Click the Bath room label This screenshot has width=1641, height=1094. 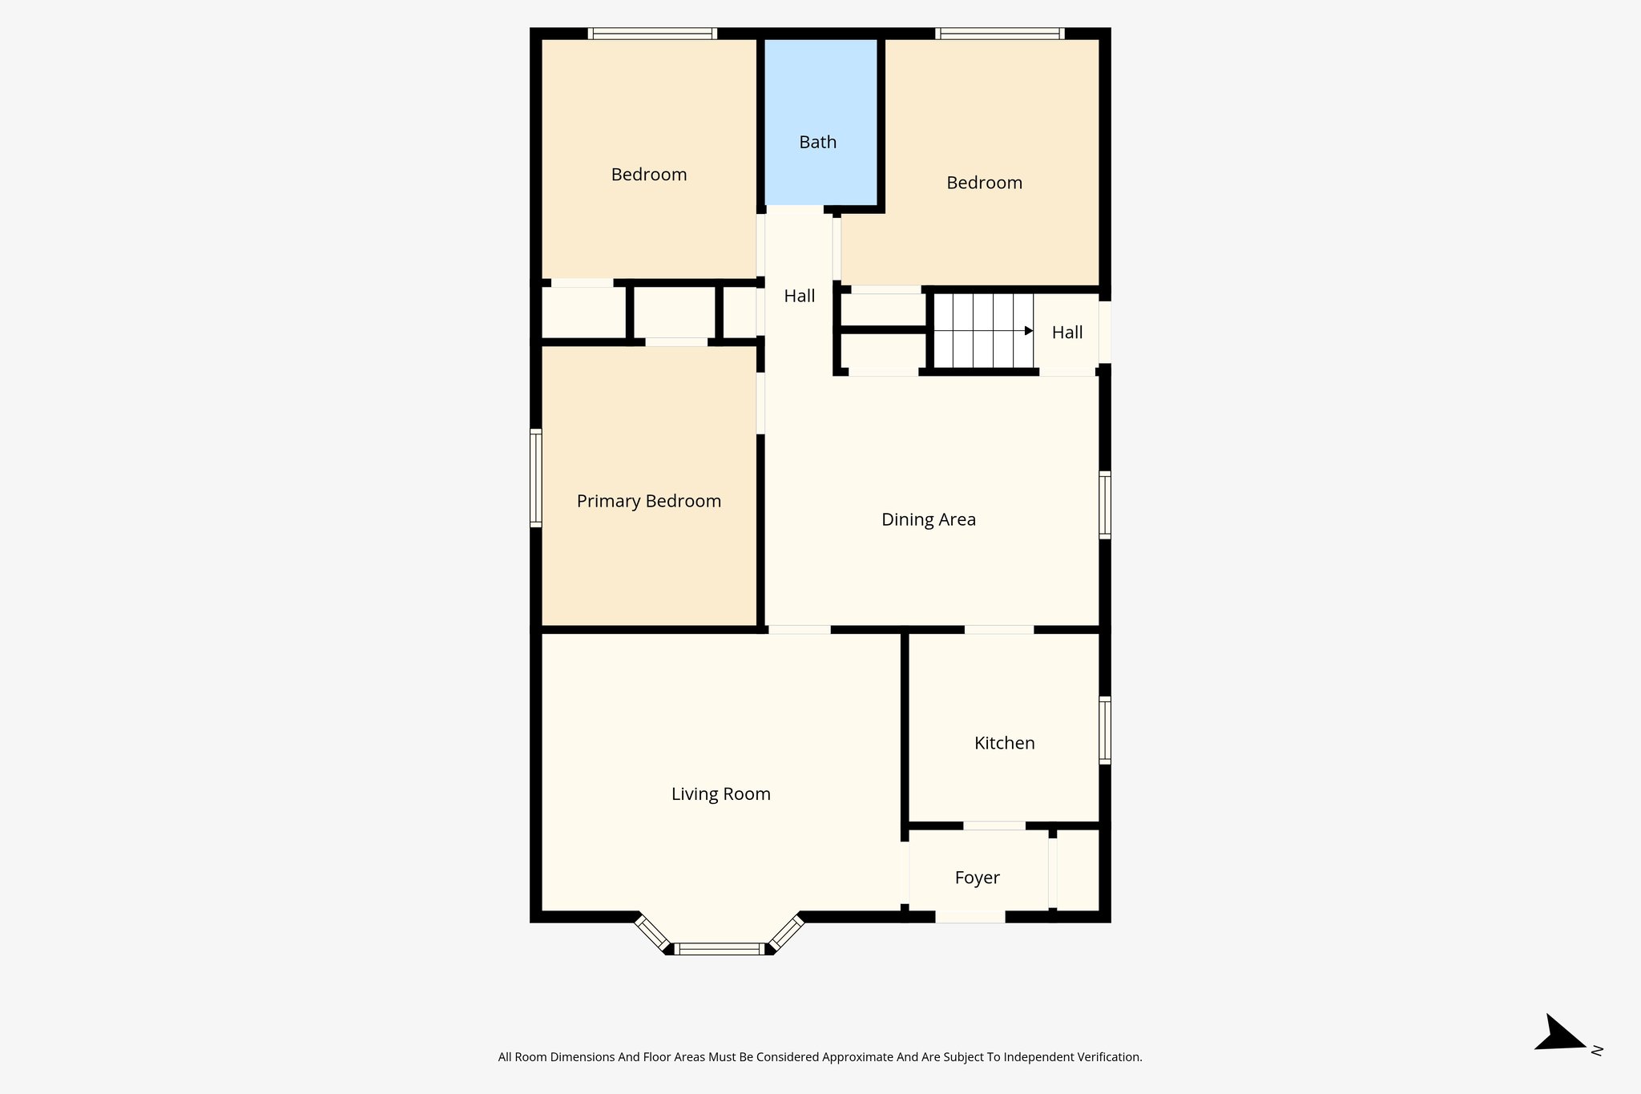(817, 143)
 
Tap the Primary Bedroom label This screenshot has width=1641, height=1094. (648, 502)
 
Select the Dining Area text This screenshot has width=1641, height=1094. (928, 520)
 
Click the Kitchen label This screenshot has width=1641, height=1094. (1004, 744)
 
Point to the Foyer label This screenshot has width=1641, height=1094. (977, 878)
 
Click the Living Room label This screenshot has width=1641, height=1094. (720, 794)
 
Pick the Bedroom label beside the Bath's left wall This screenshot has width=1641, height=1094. (648, 175)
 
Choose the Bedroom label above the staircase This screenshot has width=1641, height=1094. (984, 183)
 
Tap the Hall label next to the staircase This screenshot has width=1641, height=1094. (1066, 333)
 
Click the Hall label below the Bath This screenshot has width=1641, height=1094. (799, 297)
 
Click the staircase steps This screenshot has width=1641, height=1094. (982, 331)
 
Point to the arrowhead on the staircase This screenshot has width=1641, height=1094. (1029, 331)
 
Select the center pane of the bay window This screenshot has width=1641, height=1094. (720, 949)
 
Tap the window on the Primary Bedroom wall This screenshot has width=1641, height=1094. (536, 478)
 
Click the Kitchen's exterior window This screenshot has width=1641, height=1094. (1104, 730)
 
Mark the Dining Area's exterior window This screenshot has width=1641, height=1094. (1104, 505)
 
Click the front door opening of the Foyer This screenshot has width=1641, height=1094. (970, 917)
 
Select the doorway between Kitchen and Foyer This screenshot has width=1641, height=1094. (994, 826)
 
